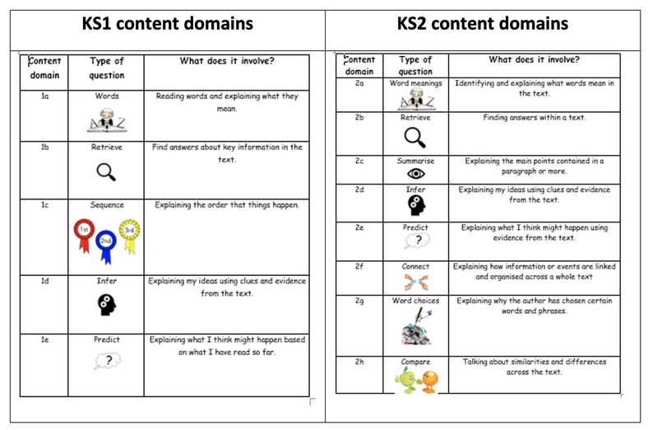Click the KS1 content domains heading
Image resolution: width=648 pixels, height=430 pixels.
click(167, 23)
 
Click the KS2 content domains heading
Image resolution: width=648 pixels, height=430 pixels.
click(482, 23)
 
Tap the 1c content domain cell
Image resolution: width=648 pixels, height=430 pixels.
click(44, 205)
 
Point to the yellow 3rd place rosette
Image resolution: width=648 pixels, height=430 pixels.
click(129, 230)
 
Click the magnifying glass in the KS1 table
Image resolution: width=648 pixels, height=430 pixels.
click(106, 171)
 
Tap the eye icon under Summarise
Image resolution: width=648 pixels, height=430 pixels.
click(415, 174)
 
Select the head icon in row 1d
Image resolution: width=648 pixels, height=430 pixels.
click(106, 304)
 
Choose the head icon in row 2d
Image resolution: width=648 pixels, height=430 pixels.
click(415, 205)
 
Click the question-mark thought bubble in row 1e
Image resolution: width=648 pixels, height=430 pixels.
click(107, 360)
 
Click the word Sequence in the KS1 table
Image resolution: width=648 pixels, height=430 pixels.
click(106, 205)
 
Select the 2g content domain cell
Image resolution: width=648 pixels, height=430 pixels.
click(359, 301)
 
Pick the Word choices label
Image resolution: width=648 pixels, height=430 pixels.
click(415, 301)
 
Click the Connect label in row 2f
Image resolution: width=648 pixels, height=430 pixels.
click(415, 267)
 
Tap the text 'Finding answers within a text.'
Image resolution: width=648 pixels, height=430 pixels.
click(534, 118)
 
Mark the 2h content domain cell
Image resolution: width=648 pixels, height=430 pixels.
click(359, 362)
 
